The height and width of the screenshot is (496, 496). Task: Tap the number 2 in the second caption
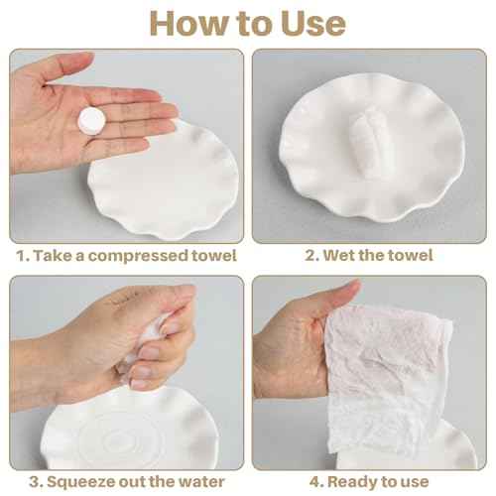[309, 256]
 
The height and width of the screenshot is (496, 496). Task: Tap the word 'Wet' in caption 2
[340, 256]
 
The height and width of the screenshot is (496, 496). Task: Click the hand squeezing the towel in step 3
[159, 327]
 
